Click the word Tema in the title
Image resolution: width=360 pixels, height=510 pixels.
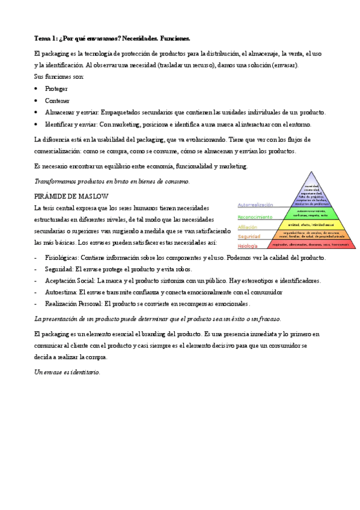(x=43, y=37)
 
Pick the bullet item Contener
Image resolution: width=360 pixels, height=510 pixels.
(x=57, y=100)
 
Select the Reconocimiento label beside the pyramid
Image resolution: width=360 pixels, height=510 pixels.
(x=255, y=217)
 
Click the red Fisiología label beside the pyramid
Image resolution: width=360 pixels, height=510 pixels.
(x=247, y=246)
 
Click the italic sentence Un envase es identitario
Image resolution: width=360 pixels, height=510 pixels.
(x=67, y=372)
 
